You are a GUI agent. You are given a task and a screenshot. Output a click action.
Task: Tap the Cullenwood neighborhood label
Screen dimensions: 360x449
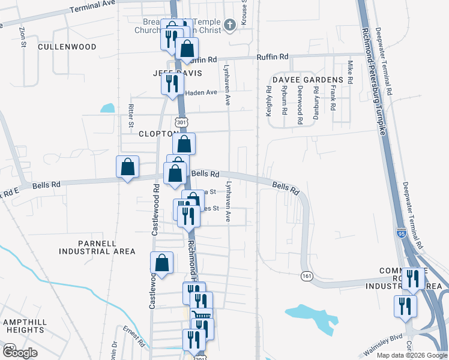(x=67, y=46)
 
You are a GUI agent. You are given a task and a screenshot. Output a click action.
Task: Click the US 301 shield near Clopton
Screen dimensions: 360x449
(x=182, y=122)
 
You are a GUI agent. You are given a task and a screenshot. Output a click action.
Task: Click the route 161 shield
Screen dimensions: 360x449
(x=307, y=275)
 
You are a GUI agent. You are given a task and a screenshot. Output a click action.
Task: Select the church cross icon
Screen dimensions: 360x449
(x=229, y=25)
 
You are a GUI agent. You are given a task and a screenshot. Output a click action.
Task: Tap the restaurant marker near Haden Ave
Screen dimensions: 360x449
(x=172, y=82)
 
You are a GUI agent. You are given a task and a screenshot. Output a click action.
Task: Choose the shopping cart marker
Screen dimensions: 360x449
(x=201, y=316)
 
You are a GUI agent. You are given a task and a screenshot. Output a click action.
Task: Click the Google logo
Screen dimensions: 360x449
(x=19, y=353)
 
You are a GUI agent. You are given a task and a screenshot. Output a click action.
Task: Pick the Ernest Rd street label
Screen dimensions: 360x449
(x=133, y=338)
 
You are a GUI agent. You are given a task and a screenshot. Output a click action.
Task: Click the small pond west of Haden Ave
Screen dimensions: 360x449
(x=107, y=109)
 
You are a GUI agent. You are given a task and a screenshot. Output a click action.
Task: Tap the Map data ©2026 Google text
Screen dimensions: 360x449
(x=411, y=355)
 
